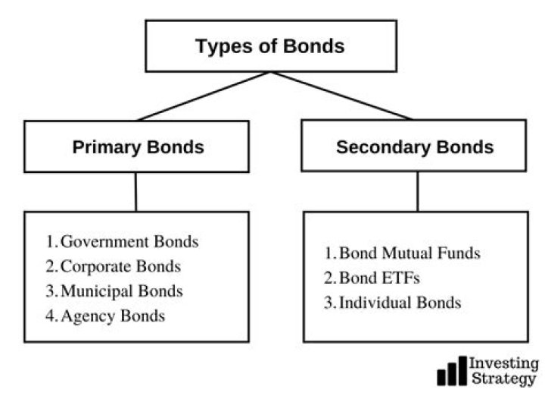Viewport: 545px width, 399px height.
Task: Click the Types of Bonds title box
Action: (270, 46)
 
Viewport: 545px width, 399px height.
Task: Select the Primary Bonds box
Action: (138, 146)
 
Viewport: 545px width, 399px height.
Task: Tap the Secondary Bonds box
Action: (414, 146)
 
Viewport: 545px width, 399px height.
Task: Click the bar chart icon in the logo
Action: (451, 371)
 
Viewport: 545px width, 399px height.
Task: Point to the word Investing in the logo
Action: (504, 363)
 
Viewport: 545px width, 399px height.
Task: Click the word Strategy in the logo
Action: (503, 379)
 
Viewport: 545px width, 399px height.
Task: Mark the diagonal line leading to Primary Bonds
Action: (203, 96)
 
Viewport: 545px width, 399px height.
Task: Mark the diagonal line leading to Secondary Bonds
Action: (341, 96)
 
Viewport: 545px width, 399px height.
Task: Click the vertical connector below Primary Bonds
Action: (135, 191)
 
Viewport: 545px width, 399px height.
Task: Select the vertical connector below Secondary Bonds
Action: (416, 191)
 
